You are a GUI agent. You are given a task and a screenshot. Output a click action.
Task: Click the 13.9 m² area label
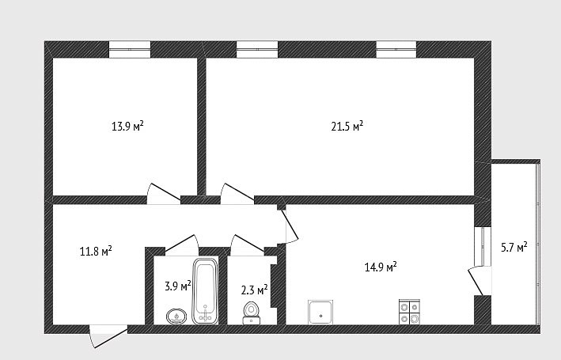pyautogui.click(x=127, y=126)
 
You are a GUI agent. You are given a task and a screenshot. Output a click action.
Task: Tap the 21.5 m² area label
pyautogui.click(x=347, y=126)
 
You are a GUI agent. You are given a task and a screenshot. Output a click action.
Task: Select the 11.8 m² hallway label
pyautogui.click(x=96, y=251)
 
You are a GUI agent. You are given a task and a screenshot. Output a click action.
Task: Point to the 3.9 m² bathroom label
pyautogui.click(x=178, y=286)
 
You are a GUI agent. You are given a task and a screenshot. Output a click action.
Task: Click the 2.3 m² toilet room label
pyautogui.click(x=254, y=289)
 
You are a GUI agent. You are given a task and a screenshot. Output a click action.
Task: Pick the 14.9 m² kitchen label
pyautogui.click(x=381, y=267)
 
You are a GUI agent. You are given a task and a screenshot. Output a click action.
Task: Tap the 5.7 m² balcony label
pyautogui.click(x=514, y=247)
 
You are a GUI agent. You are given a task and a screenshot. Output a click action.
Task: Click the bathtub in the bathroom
pyautogui.click(x=205, y=291)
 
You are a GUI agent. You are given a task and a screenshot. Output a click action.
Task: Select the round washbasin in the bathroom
pyautogui.click(x=176, y=316)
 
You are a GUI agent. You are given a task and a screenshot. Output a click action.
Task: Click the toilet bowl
pyautogui.click(x=251, y=313)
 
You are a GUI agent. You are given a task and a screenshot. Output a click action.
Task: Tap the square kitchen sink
pyautogui.click(x=320, y=312)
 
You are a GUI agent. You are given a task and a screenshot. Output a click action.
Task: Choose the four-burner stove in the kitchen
pyautogui.click(x=409, y=312)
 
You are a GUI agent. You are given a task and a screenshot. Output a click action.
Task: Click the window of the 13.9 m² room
pyautogui.click(x=130, y=49)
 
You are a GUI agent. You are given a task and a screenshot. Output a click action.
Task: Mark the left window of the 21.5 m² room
pyautogui.click(x=257, y=49)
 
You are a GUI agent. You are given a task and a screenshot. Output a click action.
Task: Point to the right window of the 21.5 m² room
pyautogui.click(x=396, y=49)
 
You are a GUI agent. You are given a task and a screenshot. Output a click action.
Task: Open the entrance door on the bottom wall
pyautogui.click(x=108, y=335)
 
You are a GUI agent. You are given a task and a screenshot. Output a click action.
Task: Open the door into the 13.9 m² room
pyautogui.click(x=164, y=194)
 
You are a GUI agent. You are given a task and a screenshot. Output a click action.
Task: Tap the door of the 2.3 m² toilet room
pyautogui.click(x=247, y=244)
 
